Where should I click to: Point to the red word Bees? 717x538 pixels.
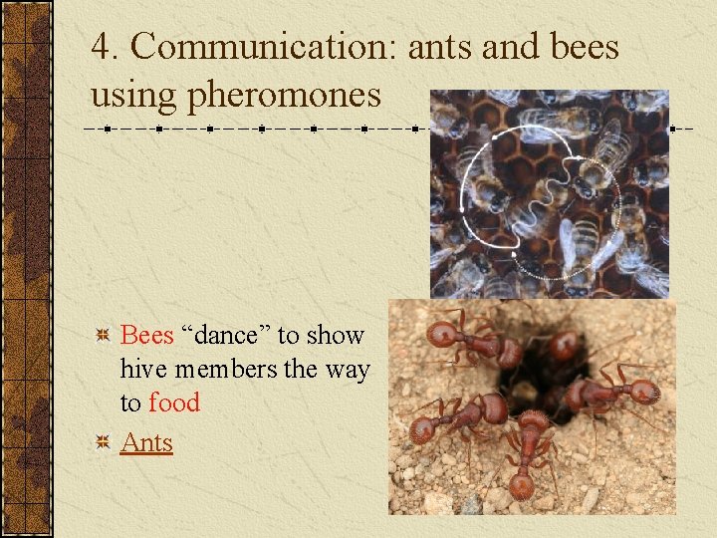[146, 336]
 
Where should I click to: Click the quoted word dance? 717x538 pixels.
[224, 336]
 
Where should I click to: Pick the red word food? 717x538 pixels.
[174, 403]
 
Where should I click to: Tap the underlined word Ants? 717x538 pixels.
[146, 442]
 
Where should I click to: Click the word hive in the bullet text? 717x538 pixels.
[140, 370]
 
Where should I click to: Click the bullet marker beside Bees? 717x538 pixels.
[101, 336]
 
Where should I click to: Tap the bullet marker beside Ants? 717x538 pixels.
[101, 442]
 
